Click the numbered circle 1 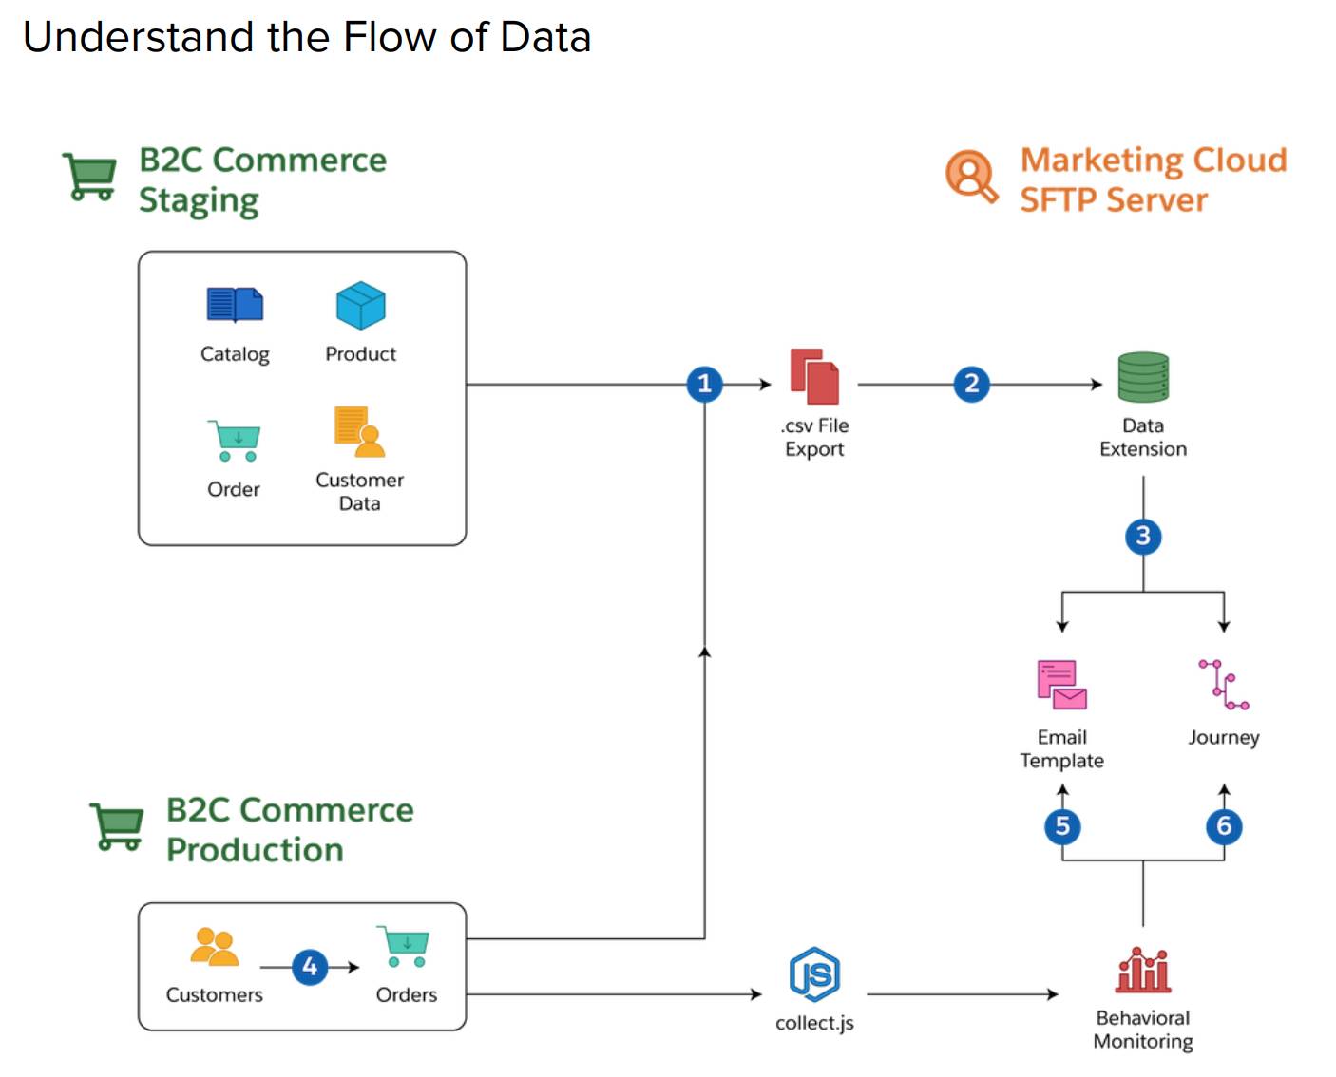[x=704, y=384]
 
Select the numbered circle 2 [x=971, y=384]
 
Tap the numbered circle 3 [x=1143, y=537]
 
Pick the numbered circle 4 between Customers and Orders [x=310, y=967]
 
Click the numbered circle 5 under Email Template [x=1062, y=826]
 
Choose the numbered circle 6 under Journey [x=1224, y=826]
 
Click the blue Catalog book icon [x=235, y=305]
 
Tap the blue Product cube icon [x=360, y=306]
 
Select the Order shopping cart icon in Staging [x=234, y=441]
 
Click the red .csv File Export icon [x=814, y=377]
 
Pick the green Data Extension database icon [x=1143, y=377]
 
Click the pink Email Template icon [x=1061, y=685]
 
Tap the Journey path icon [x=1223, y=685]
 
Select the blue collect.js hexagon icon [x=814, y=974]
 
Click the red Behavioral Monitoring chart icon [x=1143, y=971]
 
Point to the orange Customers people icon [x=215, y=947]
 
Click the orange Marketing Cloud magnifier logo [x=971, y=176]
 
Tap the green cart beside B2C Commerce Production [x=117, y=826]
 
